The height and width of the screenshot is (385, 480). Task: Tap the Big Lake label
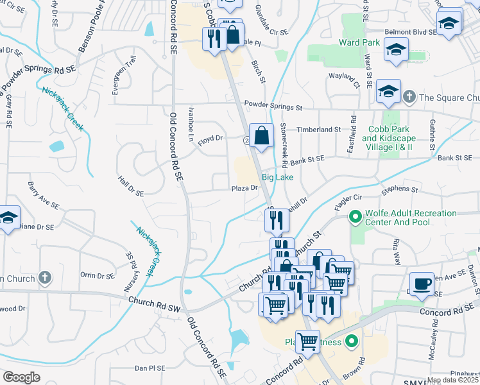click(x=277, y=177)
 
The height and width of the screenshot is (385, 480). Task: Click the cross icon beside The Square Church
click(x=409, y=98)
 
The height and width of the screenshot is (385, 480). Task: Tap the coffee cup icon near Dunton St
click(x=422, y=283)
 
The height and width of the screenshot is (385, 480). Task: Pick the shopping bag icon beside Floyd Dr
click(x=261, y=135)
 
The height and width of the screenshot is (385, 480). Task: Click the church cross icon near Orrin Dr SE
click(x=44, y=278)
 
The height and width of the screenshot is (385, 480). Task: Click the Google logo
click(x=21, y=377)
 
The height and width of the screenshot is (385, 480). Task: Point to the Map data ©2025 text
click(x=452, y=380)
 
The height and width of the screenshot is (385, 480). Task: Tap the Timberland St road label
click(x=318, y=129)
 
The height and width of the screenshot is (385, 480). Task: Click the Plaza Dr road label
click(x=244, y=188)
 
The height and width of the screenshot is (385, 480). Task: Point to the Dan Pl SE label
click(x=150, y=368)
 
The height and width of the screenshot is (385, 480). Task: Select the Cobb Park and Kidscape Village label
click(x=388, y=138)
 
